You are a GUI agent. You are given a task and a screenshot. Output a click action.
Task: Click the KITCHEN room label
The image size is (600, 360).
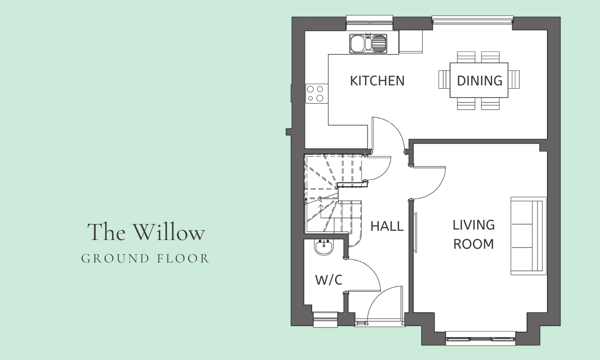click(377, 81)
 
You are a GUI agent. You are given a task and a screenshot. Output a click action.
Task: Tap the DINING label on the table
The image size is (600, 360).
click(480, 81)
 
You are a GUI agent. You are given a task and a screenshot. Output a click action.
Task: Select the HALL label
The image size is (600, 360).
click(387, 226)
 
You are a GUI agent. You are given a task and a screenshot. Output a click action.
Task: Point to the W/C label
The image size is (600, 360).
click(329, 280)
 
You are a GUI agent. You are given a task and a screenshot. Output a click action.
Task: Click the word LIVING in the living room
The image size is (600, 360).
click(474, 225)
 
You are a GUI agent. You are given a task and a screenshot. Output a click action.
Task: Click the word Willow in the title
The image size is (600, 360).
click(169, 232)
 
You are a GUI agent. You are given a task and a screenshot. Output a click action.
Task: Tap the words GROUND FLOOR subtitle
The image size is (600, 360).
click(145, 259)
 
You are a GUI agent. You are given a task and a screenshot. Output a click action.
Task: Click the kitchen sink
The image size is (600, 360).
click(368, 43)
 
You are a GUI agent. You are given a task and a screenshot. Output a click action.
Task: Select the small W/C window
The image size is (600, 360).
click(325, 320)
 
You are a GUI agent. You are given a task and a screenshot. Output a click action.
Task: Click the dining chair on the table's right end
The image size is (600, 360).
click(514, 80)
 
